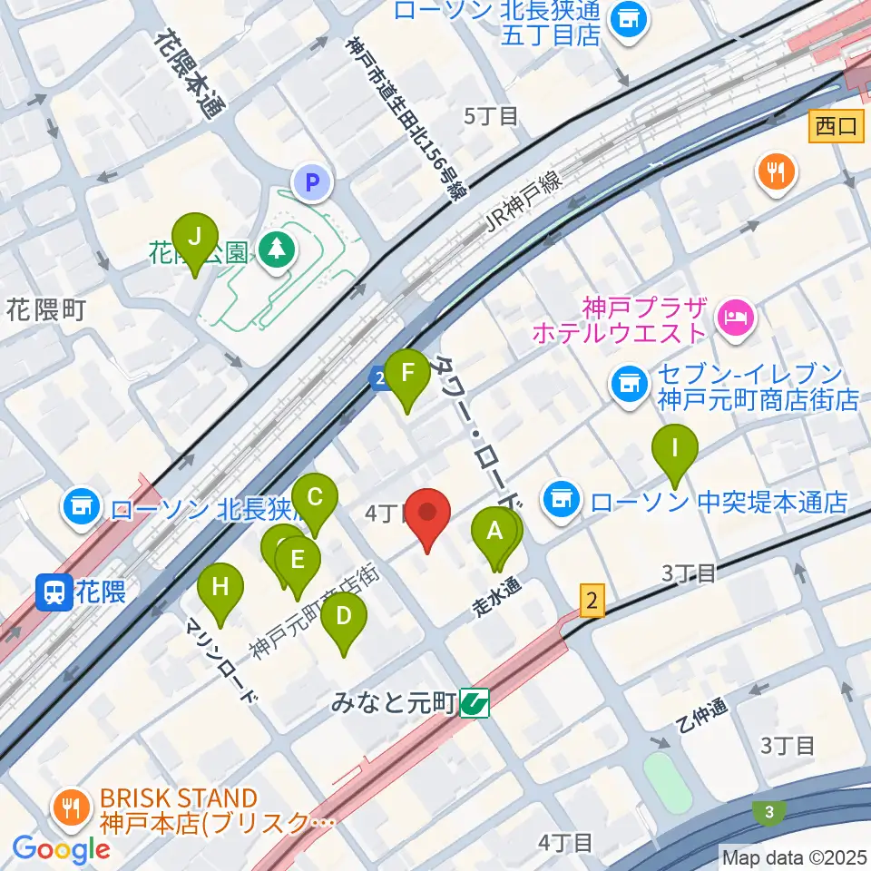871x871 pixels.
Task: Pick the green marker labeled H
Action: click(x=220, y=588)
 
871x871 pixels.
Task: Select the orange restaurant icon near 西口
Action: click(x=777, y=170)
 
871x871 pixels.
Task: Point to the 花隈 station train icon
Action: click(x=51, y=593)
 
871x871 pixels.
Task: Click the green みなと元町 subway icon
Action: click(x=475, y=701)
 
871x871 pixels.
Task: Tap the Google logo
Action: click(x=61, y=849)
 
